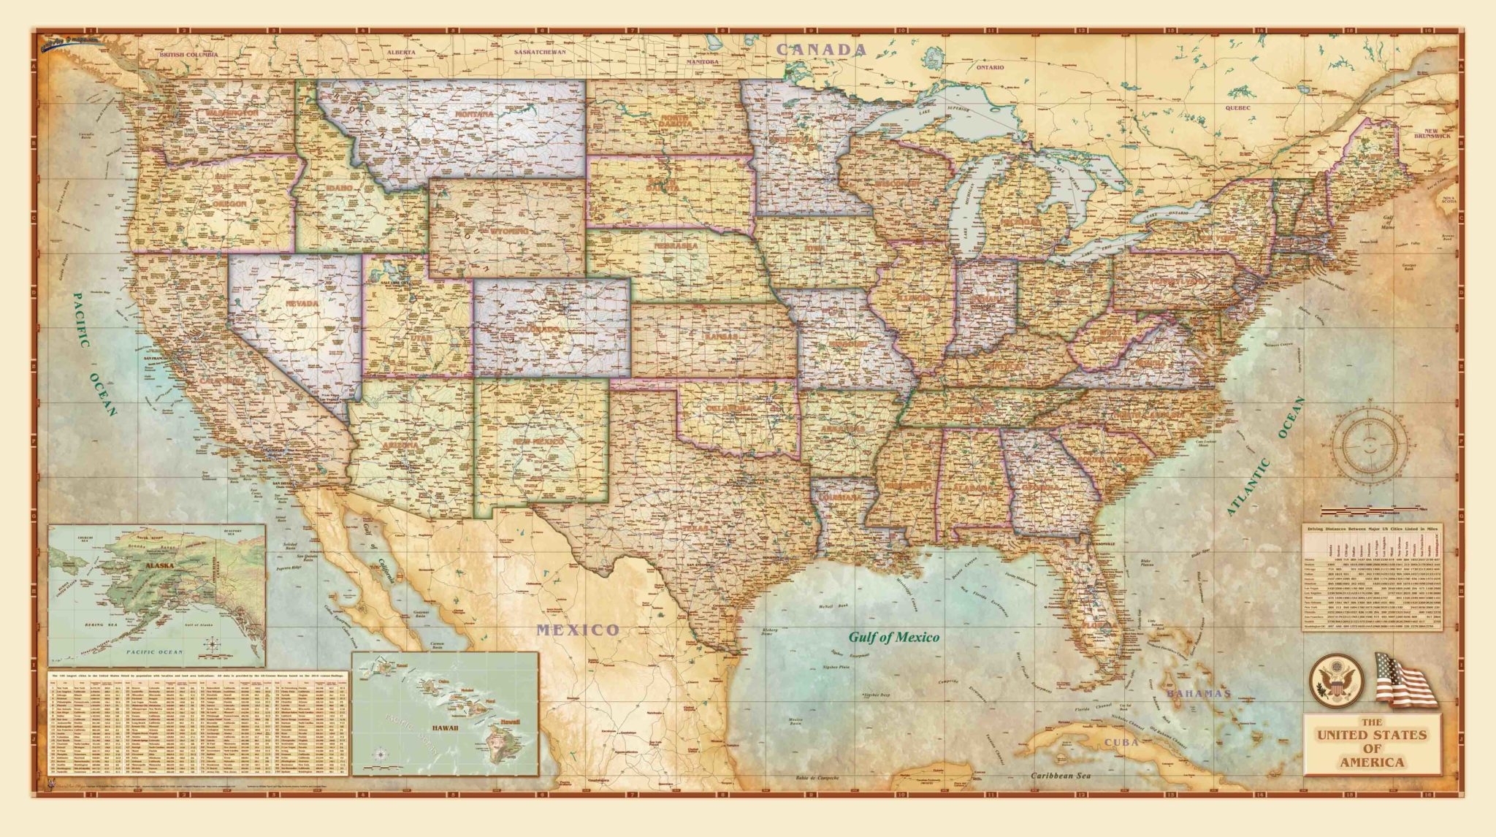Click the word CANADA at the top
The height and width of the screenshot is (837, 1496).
(x=821, y=50)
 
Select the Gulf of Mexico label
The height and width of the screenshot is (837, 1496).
(x=893, y=637)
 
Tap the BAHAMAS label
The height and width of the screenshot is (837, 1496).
(x=1198, y=693)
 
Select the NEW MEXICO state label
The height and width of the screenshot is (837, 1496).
(x=537, y=443)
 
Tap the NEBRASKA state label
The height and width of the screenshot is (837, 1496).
(x=676, y=246)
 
